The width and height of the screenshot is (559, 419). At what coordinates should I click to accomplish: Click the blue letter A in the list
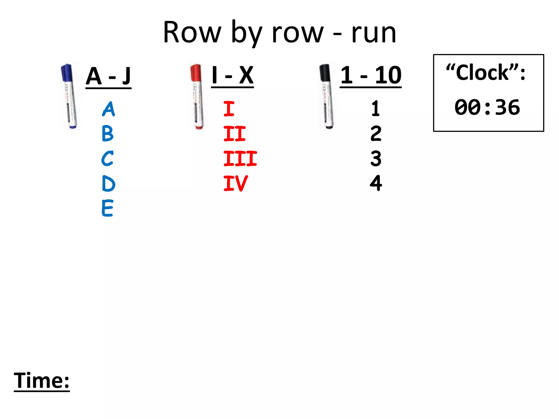109,109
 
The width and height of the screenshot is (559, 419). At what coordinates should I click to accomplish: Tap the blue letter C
107,158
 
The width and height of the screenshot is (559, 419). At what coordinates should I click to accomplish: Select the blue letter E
107,208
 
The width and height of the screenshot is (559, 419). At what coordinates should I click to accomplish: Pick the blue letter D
108,183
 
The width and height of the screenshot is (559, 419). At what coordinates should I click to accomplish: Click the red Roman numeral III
240,158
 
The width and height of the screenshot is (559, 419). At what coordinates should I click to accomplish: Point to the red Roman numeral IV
236,183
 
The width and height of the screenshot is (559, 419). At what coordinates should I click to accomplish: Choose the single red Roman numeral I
229,109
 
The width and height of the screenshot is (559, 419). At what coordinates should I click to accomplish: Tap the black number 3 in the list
376,158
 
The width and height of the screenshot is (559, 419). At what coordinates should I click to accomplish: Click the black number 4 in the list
376,183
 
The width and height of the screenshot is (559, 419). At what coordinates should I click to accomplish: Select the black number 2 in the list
376,134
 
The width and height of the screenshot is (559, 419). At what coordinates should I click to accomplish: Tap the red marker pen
197,96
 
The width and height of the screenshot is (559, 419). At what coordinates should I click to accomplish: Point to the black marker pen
326,96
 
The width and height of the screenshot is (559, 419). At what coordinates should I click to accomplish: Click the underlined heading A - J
108,76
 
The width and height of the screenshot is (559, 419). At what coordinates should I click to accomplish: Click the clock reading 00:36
487,107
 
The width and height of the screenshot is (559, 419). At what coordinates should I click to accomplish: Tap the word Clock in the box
483,73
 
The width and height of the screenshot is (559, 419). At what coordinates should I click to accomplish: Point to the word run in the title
374,33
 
